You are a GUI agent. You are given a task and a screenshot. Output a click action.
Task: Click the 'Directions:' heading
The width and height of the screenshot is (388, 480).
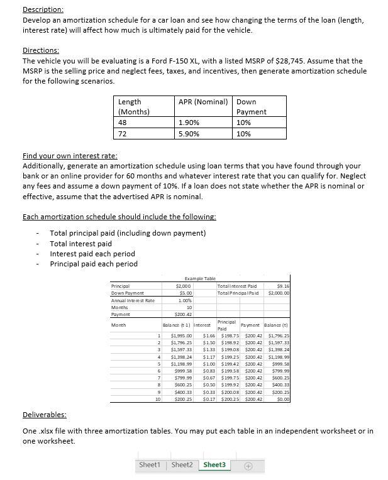[40, 50]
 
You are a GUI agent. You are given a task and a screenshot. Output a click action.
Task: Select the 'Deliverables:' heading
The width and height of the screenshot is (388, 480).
[44, 415]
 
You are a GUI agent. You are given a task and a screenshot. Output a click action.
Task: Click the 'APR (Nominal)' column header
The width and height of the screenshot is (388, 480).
[202, 102]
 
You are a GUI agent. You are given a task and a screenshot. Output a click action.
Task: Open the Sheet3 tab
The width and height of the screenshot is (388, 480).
[214, 465]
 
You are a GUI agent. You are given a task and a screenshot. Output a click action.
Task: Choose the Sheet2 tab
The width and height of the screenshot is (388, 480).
[182, 465]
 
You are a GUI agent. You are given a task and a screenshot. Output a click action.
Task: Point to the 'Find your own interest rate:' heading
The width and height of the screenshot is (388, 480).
[70, 156]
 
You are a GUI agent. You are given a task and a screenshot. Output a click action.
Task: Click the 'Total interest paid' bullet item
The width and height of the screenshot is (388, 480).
[80, 244]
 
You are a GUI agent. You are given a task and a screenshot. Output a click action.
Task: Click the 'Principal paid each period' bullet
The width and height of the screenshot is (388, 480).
[93, 264]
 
